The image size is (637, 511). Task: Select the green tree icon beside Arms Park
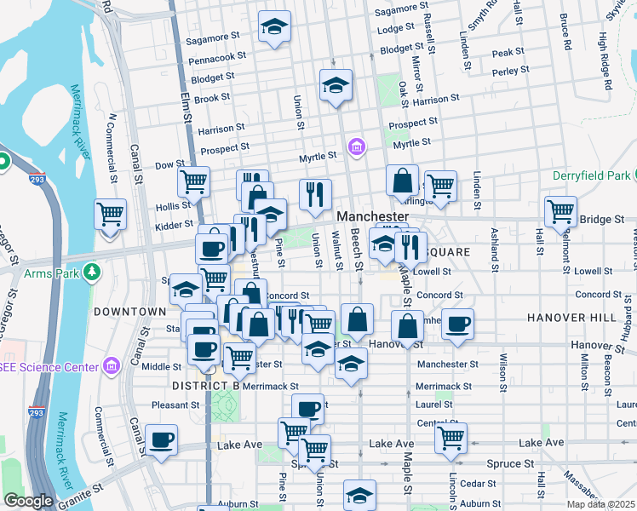tap(89, 273)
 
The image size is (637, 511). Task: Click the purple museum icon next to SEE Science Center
tap(111, 366)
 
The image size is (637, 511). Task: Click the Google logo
tap(28, 501)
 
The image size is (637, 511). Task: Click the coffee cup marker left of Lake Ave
tap(161, 440)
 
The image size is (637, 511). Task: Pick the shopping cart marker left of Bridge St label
tap(561, 211)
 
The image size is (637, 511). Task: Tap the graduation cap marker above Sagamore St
tap(274, 26)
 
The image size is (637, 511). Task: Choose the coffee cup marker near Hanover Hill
tap(457, 324)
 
